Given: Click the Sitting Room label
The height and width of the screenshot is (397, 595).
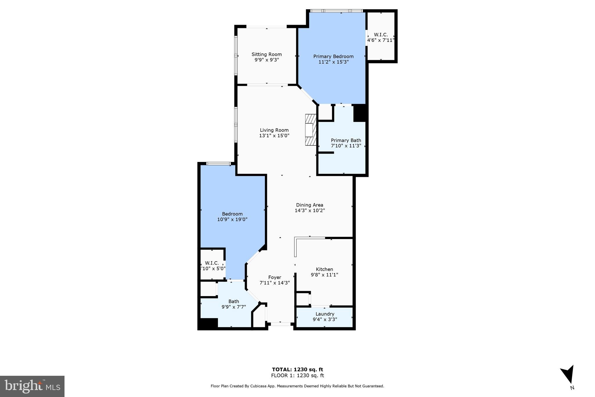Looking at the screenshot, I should coord(266,54).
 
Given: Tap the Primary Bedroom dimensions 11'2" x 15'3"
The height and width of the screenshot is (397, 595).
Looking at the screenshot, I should coord(333,62).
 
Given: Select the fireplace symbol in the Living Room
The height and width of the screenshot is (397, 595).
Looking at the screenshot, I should coord(310,130).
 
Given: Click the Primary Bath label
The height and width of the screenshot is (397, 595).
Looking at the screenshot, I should coord(346,140).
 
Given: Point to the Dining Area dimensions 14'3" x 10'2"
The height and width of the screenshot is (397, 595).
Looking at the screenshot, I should coord(309,211).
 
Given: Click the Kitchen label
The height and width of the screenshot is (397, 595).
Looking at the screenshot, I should coord(324,269).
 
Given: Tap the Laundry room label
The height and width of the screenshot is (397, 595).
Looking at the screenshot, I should coord(325,314).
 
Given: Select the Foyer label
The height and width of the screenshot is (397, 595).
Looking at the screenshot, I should coord(274,277).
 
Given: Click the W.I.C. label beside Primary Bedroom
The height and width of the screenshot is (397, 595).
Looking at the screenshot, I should coord(381,35).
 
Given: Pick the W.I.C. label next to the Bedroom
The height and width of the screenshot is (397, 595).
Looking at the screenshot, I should coord(212,263).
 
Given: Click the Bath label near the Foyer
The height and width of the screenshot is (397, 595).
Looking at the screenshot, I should coord(234,301).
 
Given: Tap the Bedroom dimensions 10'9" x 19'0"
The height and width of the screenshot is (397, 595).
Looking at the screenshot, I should coord(232,220).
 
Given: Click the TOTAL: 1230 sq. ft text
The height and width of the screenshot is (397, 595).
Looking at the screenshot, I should coord(297,369).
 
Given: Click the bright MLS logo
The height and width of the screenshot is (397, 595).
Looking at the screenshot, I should coord(32,386).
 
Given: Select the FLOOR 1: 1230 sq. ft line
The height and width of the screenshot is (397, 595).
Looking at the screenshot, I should coord(297,375).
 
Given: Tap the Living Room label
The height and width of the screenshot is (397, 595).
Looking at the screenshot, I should coord(274,130).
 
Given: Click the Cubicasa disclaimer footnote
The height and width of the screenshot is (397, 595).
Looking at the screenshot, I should coord(297,386).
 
